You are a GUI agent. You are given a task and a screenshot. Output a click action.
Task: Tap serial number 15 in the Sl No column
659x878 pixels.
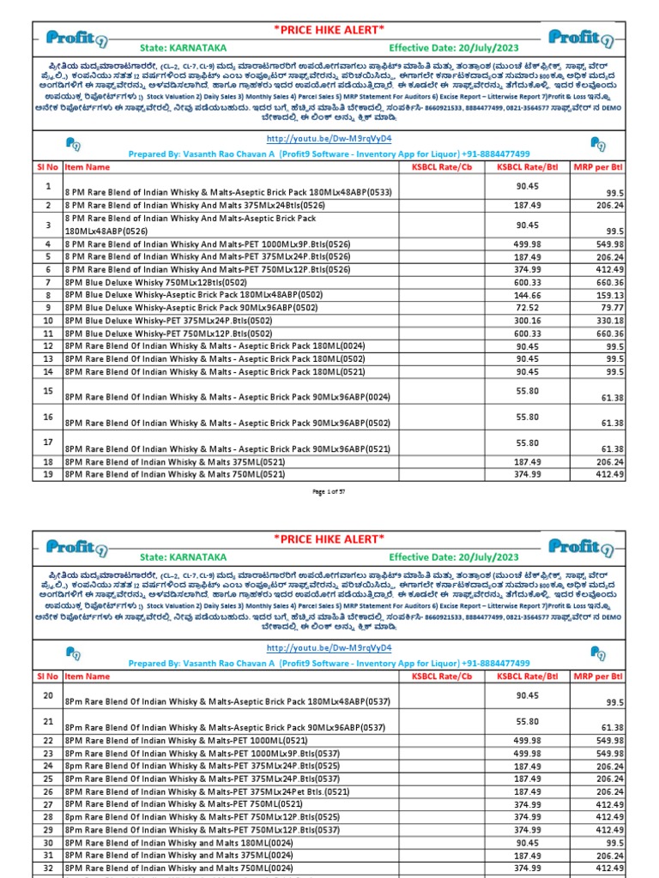point(48,390)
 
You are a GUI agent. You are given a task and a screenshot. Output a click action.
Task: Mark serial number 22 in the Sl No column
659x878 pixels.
point(48,740)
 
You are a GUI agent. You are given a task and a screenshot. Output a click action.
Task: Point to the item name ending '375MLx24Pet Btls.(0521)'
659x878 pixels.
point(207,791)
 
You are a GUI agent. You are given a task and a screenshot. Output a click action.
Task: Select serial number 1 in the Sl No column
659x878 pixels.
point(48,186)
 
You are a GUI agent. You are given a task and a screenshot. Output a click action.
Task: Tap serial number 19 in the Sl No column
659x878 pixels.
point(48,473)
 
